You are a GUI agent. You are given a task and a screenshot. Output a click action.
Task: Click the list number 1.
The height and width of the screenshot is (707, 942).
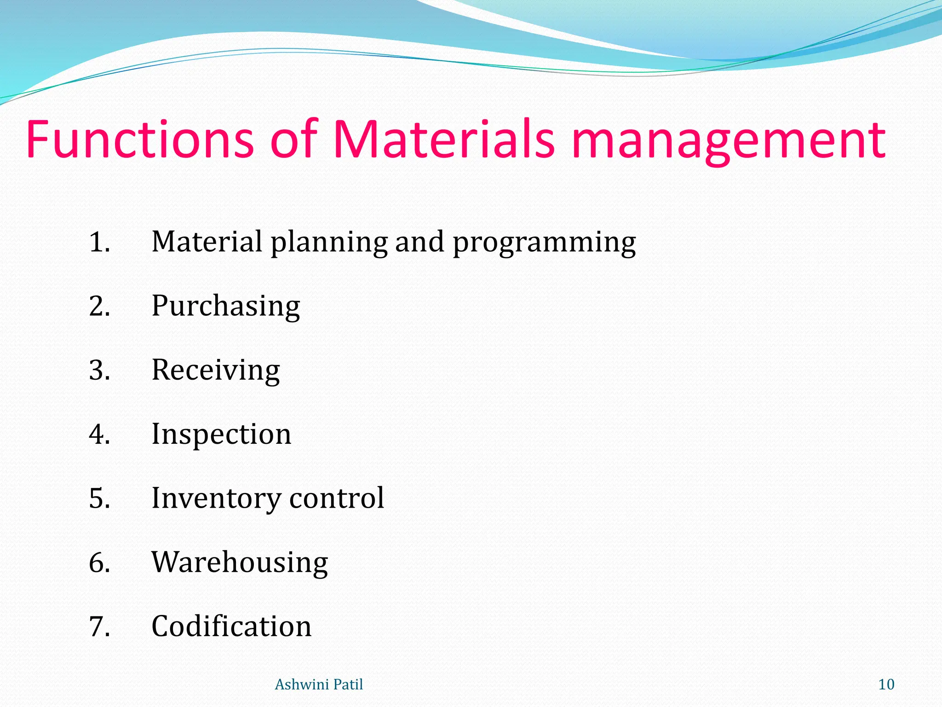click(x=99, y=242)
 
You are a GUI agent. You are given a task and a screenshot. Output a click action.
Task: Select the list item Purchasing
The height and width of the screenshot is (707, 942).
click(x=225, y=306)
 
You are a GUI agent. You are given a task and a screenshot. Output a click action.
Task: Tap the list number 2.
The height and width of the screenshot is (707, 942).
click(x=99, y=306)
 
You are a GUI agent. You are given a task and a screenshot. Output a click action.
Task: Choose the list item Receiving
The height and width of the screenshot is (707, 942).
click(x=215, y=370)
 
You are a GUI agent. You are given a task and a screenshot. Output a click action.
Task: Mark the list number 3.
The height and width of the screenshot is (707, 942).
click(x=99, y=370)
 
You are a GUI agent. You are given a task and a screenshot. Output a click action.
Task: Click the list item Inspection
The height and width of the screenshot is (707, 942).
click(x=221, y=434)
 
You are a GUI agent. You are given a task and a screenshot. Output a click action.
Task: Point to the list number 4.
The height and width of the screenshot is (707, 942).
click(x=99, y=434)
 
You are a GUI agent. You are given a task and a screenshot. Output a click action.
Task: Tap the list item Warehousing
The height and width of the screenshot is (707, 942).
click(x=240, y=562)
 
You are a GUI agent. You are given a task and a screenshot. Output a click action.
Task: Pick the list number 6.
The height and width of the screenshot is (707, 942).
click(x=99, y=562)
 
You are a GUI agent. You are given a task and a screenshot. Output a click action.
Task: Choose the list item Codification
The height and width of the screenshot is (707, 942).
click(x=231, y=626)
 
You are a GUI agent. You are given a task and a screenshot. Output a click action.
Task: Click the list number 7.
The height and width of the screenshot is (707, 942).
click(x=99, y=626)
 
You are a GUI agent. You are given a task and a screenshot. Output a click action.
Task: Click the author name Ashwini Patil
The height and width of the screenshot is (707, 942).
click(x=319, y=684)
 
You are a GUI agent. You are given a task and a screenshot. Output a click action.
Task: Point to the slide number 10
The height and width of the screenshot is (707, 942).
click(x=886, y=684)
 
